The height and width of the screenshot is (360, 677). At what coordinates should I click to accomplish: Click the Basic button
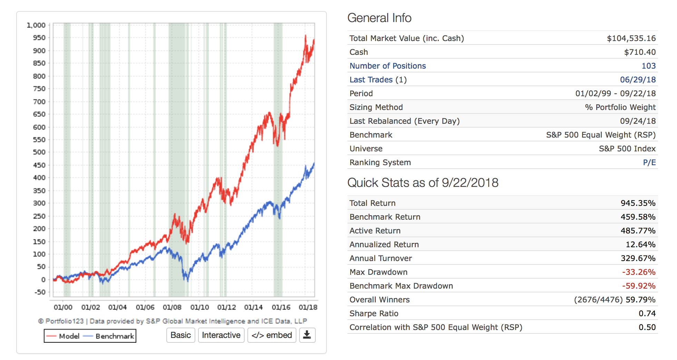click(180, 335)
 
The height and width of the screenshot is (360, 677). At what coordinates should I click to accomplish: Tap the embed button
click(272, 335)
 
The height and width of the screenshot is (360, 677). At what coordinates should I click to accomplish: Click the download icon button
click(307, 335)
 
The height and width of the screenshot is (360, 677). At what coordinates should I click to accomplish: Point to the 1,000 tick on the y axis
click(36, 25)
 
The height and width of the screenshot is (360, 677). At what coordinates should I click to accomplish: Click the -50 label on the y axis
click(40, 292)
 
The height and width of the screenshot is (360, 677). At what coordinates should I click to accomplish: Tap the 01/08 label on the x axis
click(172, 307)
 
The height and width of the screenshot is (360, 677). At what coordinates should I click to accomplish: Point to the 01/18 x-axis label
click(308, 307)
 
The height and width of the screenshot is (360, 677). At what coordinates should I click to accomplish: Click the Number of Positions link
click(387, 66)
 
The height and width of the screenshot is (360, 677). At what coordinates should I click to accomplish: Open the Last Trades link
click(371, 80)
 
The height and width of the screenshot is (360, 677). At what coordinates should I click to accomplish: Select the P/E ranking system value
click(649, 162)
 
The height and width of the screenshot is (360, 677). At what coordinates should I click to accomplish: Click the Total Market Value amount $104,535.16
click(631, 38)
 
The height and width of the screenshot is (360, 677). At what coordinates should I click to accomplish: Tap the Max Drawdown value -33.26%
click(638, 272)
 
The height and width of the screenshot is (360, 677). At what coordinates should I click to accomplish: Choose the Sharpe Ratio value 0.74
click(647, 313)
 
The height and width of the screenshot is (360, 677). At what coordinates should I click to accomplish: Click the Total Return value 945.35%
click(638, 203)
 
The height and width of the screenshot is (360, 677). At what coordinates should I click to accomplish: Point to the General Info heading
click(379, 18)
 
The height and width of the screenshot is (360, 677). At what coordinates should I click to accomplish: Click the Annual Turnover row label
click(381, 258)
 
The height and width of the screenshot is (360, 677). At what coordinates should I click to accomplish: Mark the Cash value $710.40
click(640, 52)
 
